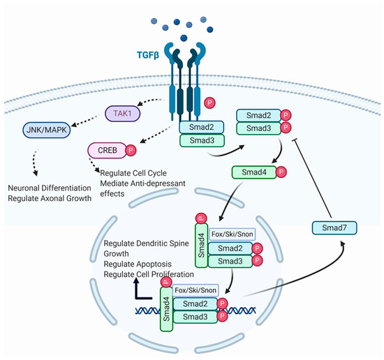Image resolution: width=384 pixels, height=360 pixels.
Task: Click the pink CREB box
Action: pyautogui.click(x=105, y=150)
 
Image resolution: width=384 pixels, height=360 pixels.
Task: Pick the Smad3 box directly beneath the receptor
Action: pyautogui.click(x=202, y=141)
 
